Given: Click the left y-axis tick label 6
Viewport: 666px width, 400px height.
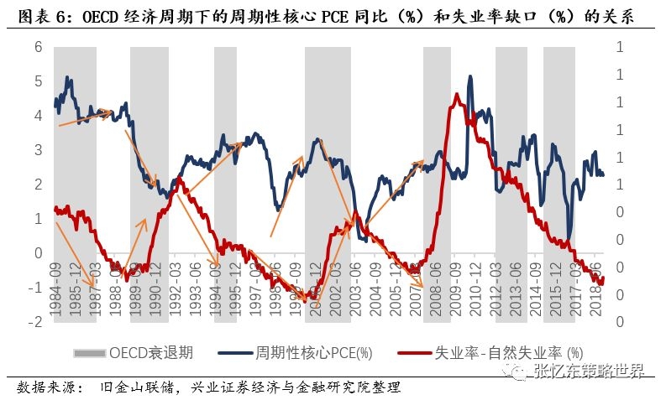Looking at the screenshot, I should pyautogui.click(x=37, y=47).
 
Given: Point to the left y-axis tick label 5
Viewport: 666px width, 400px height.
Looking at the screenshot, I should pyautogui.click(x=37, y=81).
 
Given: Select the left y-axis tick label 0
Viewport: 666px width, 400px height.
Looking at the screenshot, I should pyautogui.click(x=37, y=253).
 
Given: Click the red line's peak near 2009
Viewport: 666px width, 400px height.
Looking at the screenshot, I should pyautogui.click(x=455, y=95).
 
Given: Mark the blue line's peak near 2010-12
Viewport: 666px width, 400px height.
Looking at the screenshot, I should pyautogui.click(x=469, y=77).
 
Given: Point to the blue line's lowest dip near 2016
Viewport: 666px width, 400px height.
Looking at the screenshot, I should pyautogui.click(x=569, y=241).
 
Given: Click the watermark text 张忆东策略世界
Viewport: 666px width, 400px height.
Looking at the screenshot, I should pyautogui.click(x=589, y=371).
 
